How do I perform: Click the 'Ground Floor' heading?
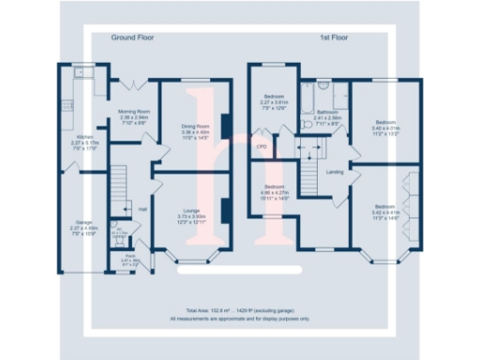click(x=132, y=38)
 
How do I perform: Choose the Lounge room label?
click(x=191, y=210)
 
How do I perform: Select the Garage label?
click(x=83, y=222)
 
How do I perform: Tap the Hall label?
click(x=142, y=208)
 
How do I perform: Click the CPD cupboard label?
click(x=262, y=147)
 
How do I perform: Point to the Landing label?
click(x=334, y=172)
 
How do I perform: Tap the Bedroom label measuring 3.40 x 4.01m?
click(x=385, y=122)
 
